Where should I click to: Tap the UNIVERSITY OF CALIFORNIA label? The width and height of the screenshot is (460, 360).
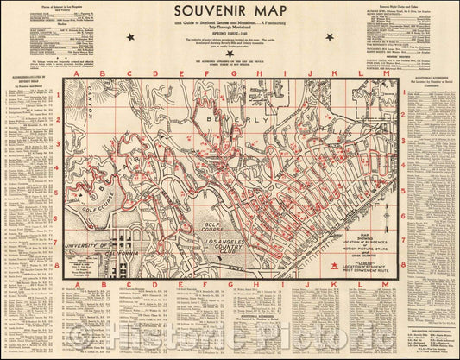95,250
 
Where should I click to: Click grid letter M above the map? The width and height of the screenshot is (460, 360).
384,74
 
